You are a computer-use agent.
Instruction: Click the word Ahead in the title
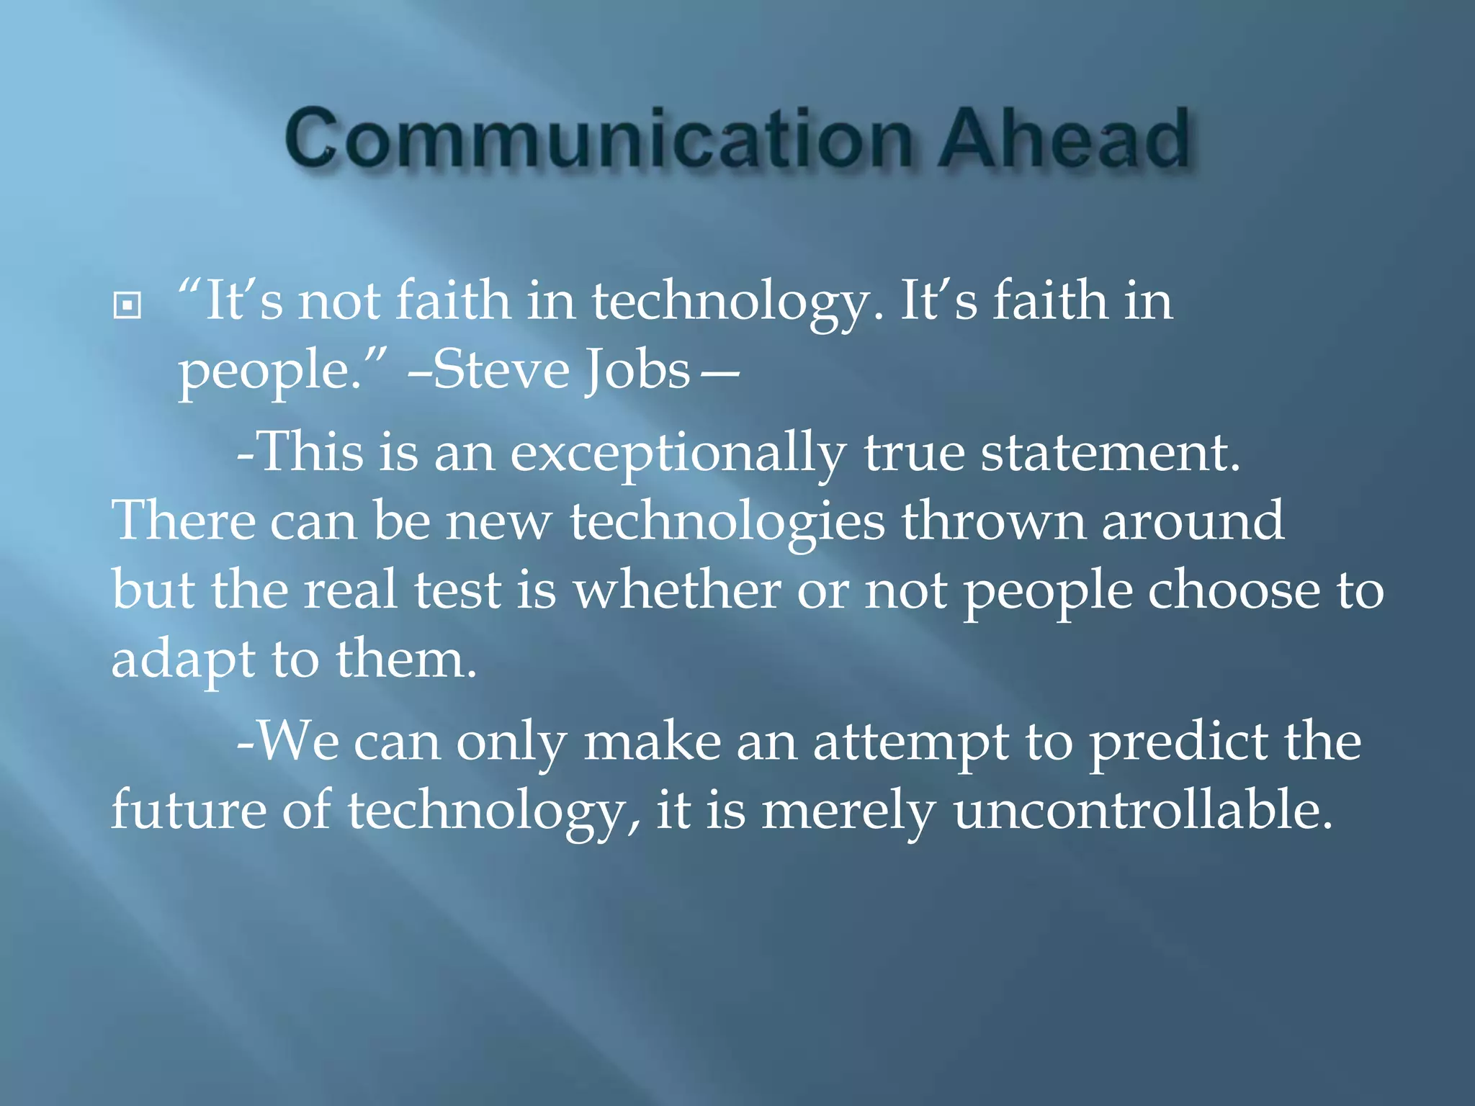[1063, 138]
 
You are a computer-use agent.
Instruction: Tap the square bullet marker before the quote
[127, 305]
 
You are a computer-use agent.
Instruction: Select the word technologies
[727, 522]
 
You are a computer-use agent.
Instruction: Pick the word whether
[676, 590]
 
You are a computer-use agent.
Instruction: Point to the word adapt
[183, 661]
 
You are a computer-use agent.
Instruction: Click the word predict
[1178, 744]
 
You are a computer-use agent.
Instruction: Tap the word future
[188, 811]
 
